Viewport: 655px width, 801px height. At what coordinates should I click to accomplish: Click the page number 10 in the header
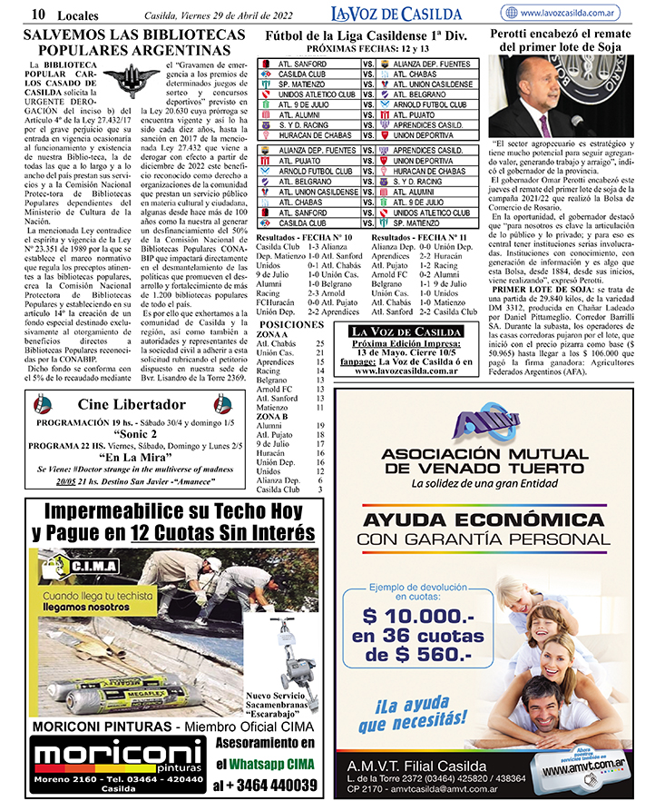pos(39,13)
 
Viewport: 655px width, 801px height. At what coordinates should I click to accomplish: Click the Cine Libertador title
pos(132,404)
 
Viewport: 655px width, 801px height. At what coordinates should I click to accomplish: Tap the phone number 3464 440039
pos(264,785)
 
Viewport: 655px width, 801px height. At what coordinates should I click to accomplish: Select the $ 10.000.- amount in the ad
pos(413,614)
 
